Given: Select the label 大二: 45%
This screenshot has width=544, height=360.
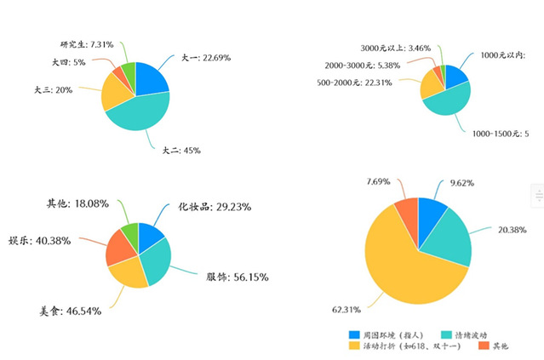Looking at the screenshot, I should (181, 151).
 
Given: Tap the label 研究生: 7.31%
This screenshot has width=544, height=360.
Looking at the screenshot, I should (88, 44).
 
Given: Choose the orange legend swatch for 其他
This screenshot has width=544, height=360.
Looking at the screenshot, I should (483, 346).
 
